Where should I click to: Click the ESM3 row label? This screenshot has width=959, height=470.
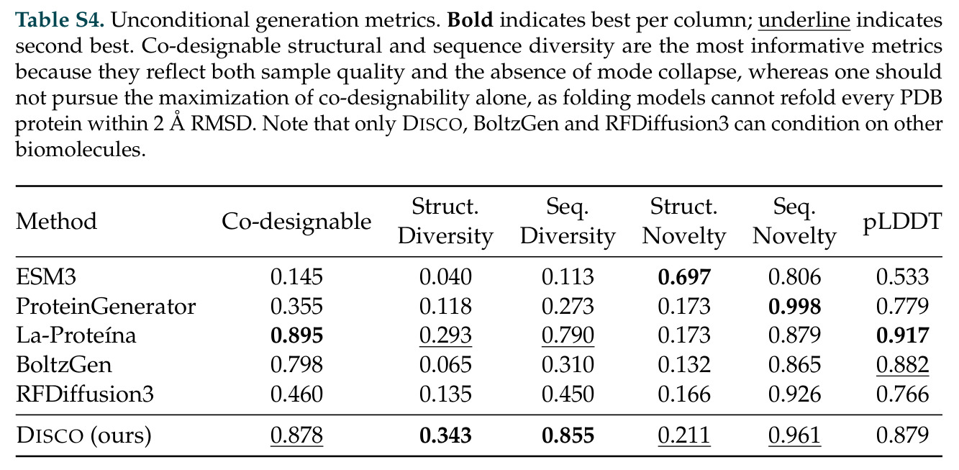point(46,277)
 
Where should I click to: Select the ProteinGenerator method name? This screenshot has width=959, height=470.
point(106,307)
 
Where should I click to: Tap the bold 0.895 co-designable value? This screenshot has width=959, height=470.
point(296,335)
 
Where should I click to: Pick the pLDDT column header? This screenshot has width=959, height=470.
point(902,222)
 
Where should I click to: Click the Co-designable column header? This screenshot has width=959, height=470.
point(296,222)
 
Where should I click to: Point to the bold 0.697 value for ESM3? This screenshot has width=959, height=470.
point(684,277)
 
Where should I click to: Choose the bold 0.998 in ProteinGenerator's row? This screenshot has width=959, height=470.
point(794,307)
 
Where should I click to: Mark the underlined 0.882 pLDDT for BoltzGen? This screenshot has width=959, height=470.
point(902,365)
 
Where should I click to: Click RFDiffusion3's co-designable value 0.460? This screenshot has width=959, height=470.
point(296,394)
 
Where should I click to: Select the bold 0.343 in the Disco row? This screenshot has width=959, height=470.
point(445,435)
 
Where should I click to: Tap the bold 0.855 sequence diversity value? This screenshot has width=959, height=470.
point(568,435)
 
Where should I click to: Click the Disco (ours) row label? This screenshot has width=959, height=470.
point(84,435)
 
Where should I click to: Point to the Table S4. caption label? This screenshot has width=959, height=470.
point(60,20)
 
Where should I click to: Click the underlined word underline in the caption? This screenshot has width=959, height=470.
point(804,21)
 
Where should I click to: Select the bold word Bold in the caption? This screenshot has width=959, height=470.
point(470,20)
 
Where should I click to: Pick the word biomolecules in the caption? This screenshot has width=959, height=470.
point(81,150)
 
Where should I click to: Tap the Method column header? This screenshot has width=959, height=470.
point(57,222)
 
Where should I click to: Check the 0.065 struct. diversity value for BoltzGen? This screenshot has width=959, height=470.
point(445,365)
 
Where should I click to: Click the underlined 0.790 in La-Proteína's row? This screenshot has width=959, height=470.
point(568,335)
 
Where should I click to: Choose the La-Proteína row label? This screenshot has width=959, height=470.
point(76,335)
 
